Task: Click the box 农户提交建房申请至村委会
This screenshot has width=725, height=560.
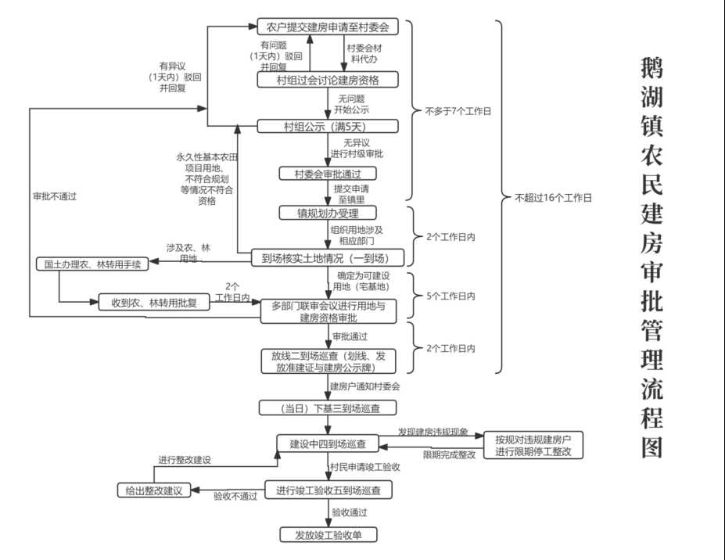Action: tap(328, 27)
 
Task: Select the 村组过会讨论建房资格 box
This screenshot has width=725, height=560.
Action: tap(328, 80)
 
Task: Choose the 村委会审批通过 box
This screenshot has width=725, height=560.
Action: tap(328, 173)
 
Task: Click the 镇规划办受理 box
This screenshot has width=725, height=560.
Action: tap(328, 213)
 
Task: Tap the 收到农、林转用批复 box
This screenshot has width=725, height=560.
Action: tap(154, 303)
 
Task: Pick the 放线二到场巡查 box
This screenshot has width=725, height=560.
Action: tap(329, 361)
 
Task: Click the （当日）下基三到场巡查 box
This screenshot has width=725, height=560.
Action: tap(328, 407)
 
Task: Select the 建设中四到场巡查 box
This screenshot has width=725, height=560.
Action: tap(328, 443)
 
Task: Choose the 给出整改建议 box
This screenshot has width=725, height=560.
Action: tap(154, 490)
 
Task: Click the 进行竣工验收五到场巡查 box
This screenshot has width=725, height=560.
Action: tap(328, 490)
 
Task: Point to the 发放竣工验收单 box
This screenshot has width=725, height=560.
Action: tap(328, 535)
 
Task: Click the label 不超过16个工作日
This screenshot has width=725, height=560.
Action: tap(553, 199)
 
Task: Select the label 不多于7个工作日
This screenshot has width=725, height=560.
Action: tap(458, 111)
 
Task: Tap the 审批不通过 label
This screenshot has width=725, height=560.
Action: tap(55, 196)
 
